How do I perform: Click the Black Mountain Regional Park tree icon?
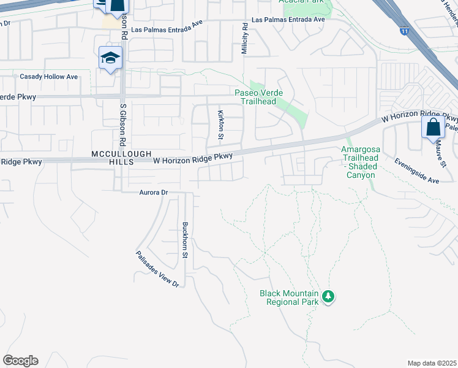click(329, 297)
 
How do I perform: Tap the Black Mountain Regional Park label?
click(290, 297)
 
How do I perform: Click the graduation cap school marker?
click(111, 58)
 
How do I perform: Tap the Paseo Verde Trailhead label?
click(256, 97)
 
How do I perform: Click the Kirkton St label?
click(221, 126)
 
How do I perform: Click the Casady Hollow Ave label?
click(49, 77)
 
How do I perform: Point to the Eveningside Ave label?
click(417, 172)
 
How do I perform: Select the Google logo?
click(20, 361)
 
